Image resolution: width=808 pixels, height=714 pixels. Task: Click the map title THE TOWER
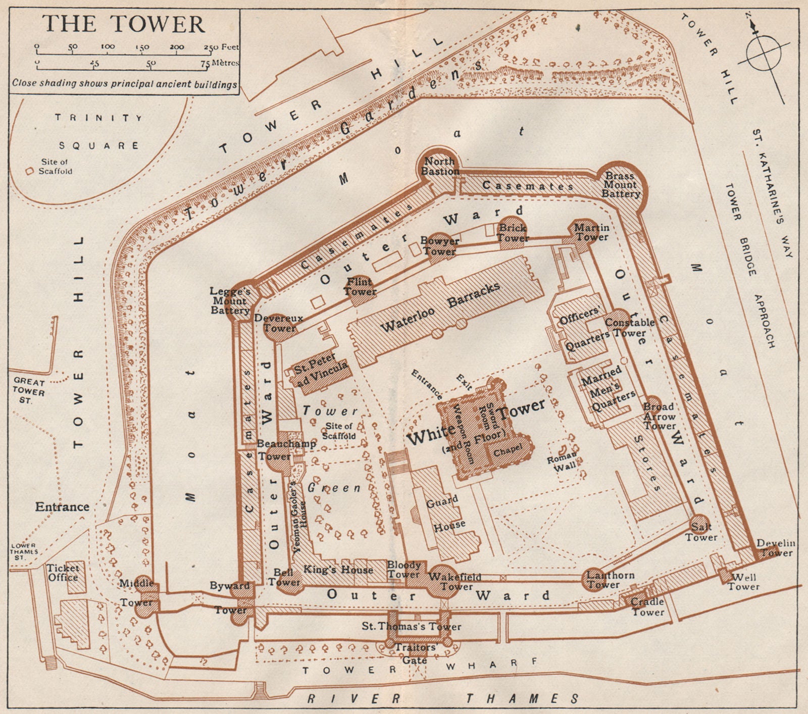point(124,24)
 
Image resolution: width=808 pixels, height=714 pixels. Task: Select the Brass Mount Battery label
point(620,185)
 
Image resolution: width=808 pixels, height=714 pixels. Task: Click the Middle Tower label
point(136,593)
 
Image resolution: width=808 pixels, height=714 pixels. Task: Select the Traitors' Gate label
point(416,653)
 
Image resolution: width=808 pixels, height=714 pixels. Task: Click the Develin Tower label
point(775,547)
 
